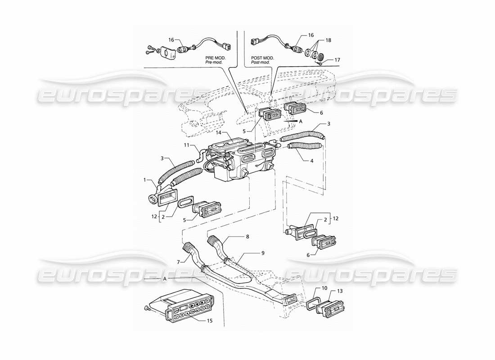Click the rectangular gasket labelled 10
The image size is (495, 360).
click(x=313, y=303)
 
